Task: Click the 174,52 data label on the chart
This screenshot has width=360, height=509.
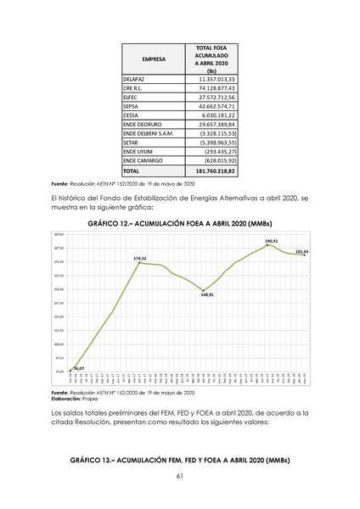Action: click(141, 258)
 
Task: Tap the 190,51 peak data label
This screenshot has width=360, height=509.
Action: click(271, 241)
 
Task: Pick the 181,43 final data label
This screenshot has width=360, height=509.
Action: click(301, 252)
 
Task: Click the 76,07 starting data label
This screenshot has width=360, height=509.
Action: click(78, 367)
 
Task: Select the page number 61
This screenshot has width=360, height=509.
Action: click(180, 478)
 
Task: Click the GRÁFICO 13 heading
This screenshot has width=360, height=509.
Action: click(180, 460)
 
